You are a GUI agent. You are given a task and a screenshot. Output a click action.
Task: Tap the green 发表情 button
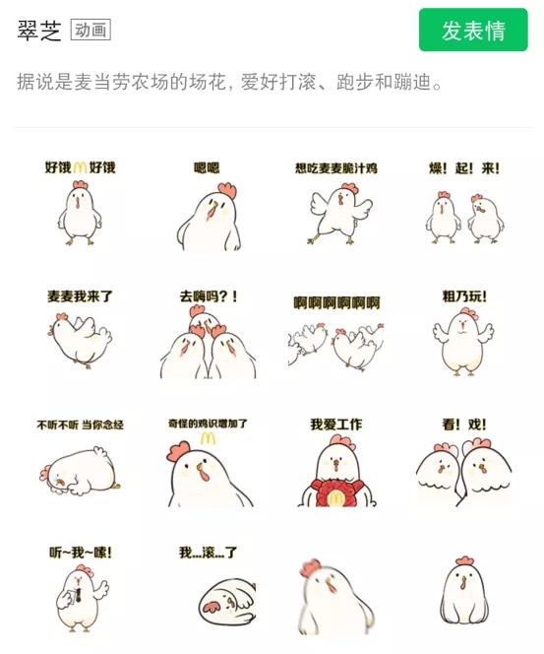point(473,31)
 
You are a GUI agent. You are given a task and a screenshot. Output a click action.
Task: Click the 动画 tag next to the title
point(91,31)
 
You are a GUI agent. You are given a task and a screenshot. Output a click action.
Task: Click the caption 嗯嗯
point(207,168)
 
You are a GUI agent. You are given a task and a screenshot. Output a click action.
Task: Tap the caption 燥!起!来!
point(464,168)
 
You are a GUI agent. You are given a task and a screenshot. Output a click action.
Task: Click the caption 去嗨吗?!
point(208,295)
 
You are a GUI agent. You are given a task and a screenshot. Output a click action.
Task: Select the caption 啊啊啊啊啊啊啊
point(336,302)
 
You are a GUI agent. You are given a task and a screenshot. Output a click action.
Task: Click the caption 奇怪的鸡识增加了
point(208,425)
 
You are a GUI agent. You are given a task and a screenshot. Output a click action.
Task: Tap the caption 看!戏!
point(463,425)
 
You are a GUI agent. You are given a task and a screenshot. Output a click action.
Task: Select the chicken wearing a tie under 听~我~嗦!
point(80,596)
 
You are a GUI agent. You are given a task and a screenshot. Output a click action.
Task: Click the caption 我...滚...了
point(208,553)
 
